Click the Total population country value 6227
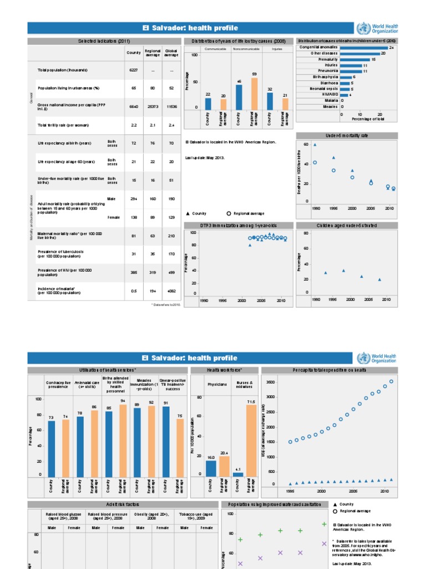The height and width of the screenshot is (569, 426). point(134,70)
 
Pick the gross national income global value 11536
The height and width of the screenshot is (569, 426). point(172,106)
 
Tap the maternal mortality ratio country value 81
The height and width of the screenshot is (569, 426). point(134,236)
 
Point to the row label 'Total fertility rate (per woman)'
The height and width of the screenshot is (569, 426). point(63,125)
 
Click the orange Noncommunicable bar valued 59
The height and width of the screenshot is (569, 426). point(254,93)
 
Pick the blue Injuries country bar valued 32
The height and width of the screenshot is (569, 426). point(270,101)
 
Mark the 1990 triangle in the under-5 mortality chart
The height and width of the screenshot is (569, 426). point(315,145)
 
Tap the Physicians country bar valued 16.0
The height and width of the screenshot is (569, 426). point(211,468)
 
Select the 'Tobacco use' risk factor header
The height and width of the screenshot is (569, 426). point(199,516)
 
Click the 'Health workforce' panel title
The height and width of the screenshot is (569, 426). point(225,370)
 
